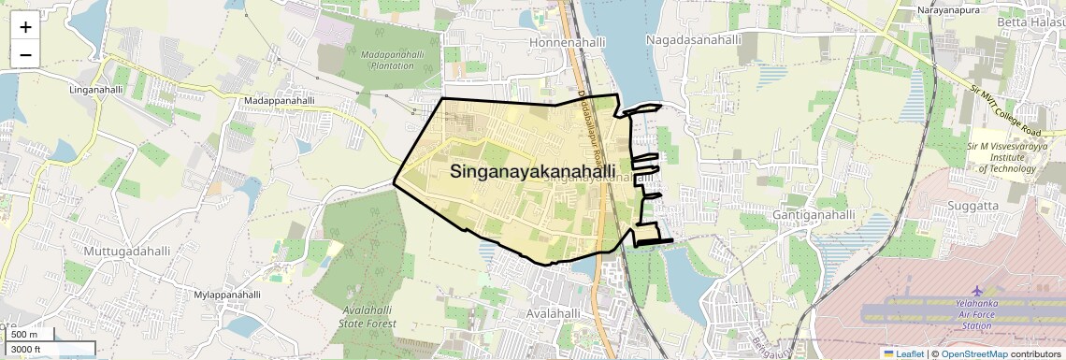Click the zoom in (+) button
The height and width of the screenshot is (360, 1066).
click(x=25, y=28)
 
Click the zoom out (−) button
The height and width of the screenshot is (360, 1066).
click(x=25, y=54)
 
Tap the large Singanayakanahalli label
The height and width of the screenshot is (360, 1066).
click(x=533, y=172)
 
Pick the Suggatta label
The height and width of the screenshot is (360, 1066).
click(x=999, y=205)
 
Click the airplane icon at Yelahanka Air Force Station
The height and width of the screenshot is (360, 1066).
click(x=978, y=292)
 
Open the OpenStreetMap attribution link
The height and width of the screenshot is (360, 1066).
click(x=973, y=353)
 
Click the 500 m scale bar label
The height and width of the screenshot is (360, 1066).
click(x=25, y=335)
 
